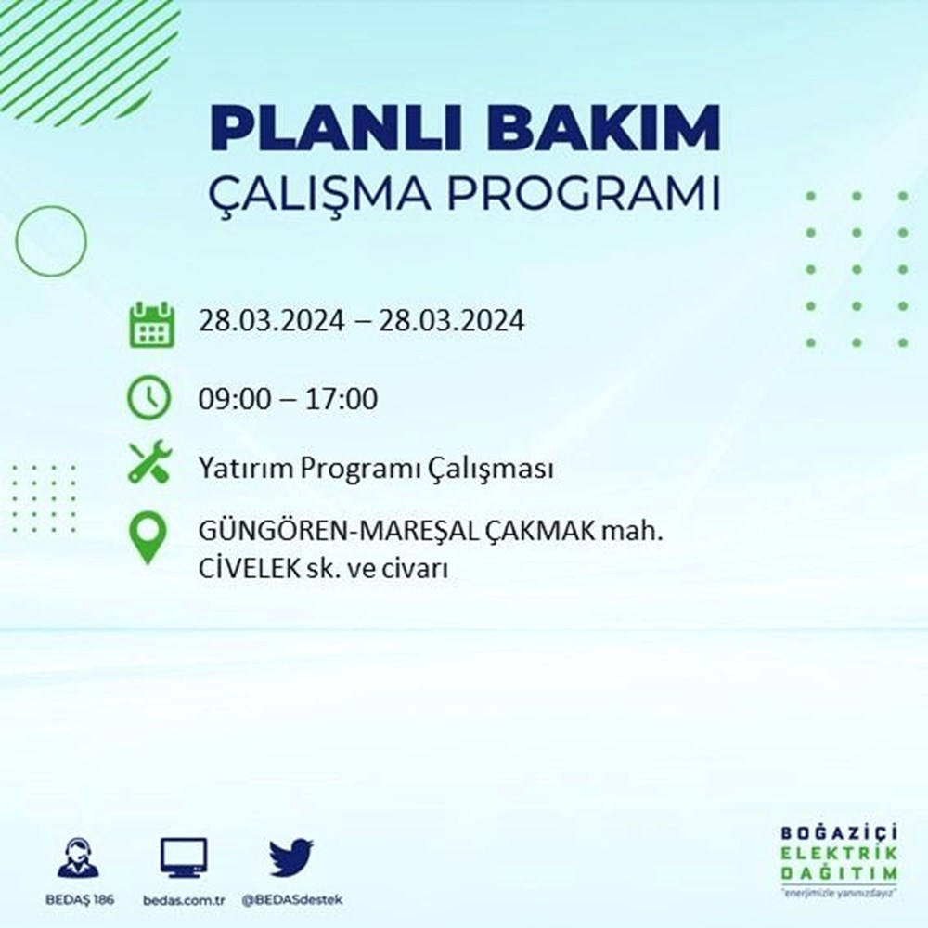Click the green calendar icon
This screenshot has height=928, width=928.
coord(150,324)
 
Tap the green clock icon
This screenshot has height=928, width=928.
coord(149,398)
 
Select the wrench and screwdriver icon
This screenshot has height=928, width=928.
coord(149,463)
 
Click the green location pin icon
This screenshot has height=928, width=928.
coord(149,537)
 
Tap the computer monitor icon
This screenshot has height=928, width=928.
coord(184,858)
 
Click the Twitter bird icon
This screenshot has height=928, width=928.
coord(291,857)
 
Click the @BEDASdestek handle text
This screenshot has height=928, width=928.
coord(292,901)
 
